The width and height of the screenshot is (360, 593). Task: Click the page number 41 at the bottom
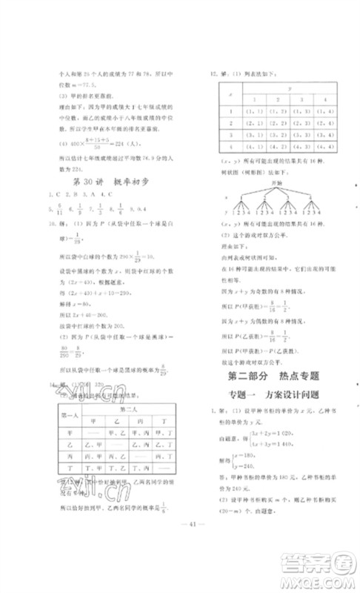pos(180,549)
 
